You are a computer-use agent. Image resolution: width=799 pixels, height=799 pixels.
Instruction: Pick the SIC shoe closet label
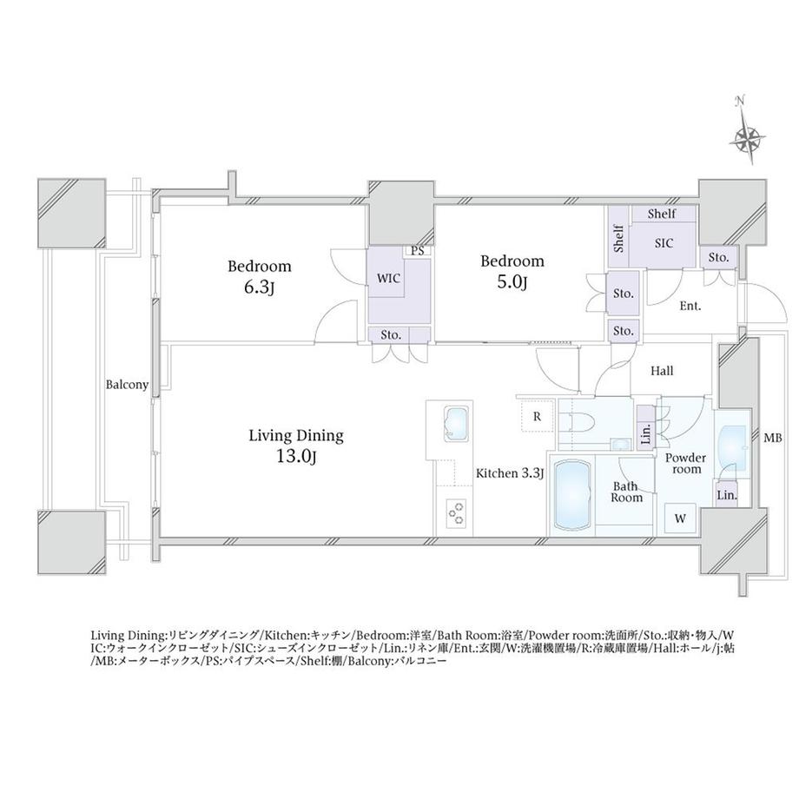pos(664,243)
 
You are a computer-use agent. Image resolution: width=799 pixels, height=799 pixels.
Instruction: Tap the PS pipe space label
pos(418,252)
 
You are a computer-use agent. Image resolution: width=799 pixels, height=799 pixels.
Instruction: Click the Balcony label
pos(127,384)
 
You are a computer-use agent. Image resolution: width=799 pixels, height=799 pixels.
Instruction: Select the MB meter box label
pos(773,439)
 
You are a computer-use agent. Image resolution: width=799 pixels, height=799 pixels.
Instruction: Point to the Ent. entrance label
pos(690,306)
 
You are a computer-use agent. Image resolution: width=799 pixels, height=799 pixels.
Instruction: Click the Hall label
pos(662,371)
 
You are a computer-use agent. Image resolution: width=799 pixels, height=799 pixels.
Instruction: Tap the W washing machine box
pos(681,518)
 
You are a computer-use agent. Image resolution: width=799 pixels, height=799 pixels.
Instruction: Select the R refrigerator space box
pos(538,416)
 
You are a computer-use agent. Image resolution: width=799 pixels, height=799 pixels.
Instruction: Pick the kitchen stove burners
pos(456,514)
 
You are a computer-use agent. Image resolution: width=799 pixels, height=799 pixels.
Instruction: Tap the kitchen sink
pos(452,424)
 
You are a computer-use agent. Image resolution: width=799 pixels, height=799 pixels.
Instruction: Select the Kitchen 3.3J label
pos(509,473)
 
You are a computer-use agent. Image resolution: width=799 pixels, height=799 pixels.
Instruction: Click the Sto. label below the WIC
pos(389,334)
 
